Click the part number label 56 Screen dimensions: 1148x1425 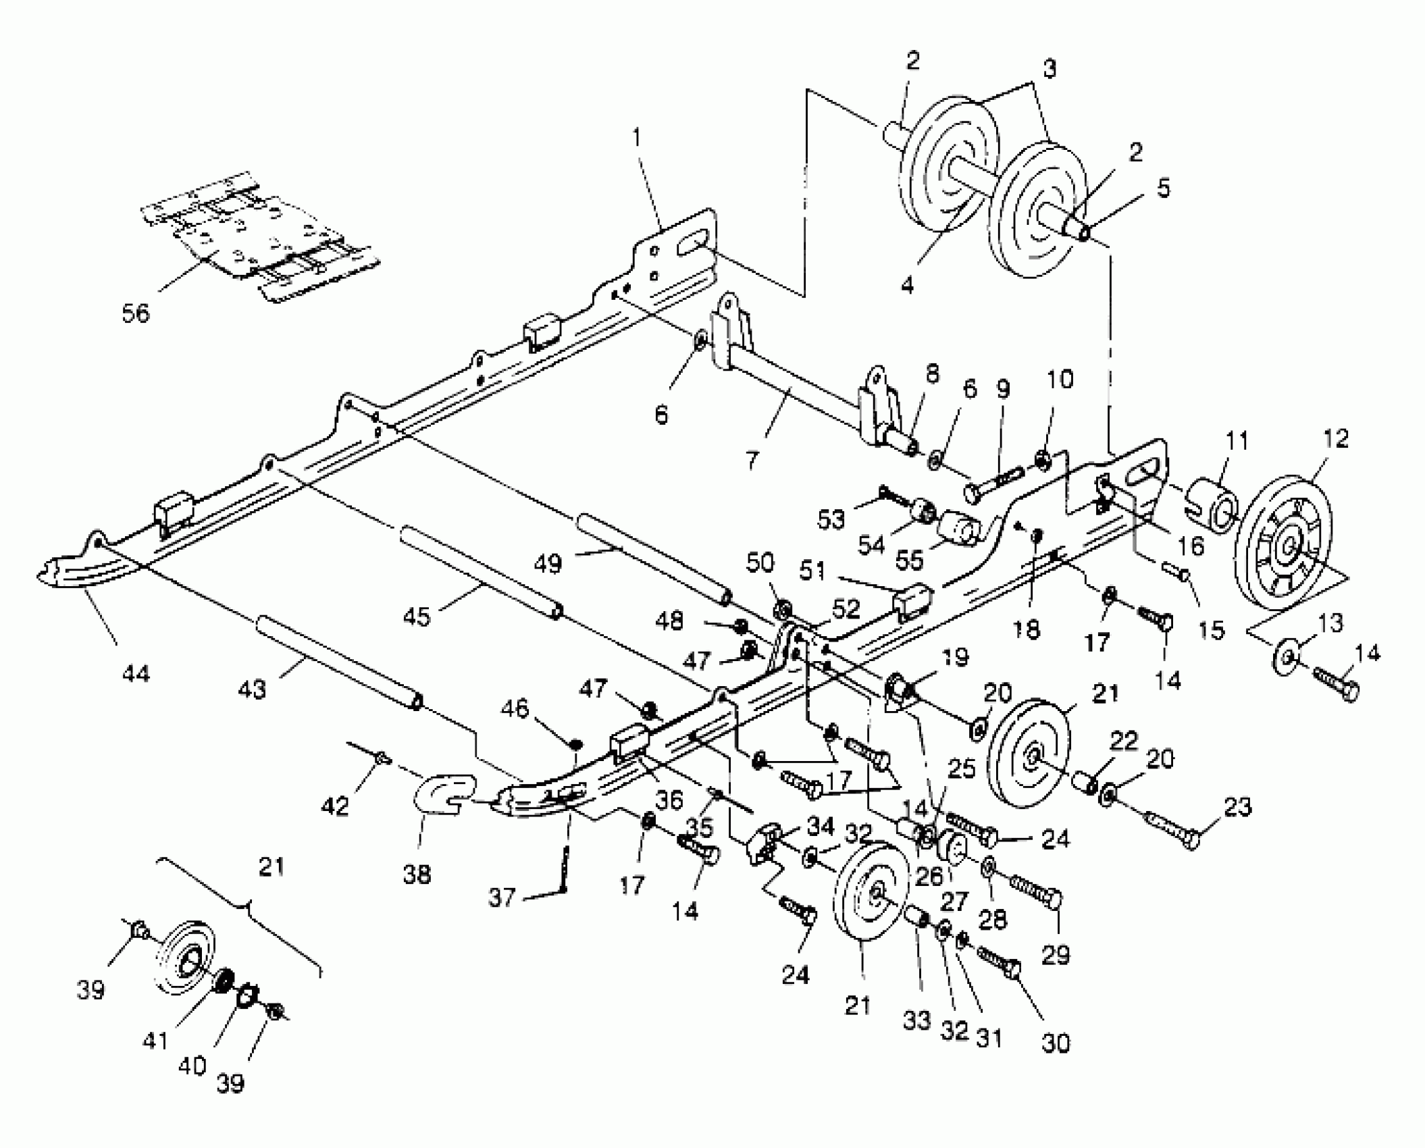tap(136, 313)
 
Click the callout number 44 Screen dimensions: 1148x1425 tap(136, 673)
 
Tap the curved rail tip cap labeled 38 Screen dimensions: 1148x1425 tap(443, 795)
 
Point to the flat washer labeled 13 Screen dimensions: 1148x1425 tap(1289, 656)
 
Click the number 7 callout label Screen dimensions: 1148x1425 tap(752, 461)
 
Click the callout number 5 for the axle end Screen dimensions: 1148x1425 tap(1163, 189)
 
